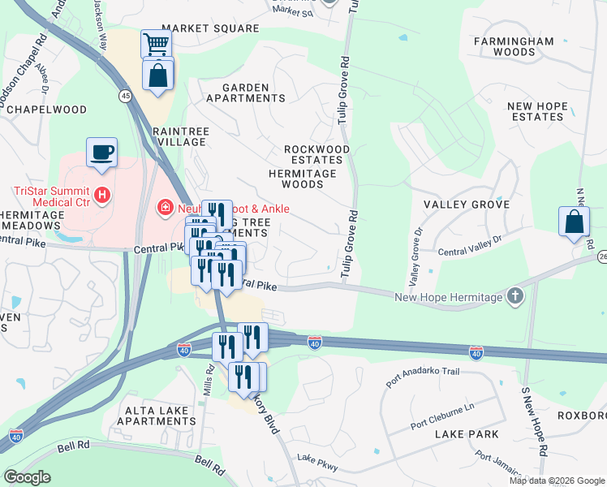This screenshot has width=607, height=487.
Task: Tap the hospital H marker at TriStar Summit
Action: (102, 195)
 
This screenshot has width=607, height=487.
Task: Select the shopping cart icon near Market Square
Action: (156, 45)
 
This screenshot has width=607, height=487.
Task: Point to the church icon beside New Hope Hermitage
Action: (514, 297)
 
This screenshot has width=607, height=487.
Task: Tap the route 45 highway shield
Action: (125, 96)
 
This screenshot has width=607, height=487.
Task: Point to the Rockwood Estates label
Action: (316, 154)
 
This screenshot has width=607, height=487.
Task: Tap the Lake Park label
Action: (467, 435)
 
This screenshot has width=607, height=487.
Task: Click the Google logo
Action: (28, 477)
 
